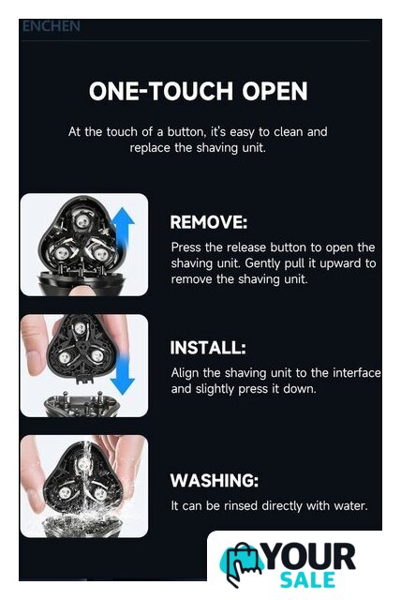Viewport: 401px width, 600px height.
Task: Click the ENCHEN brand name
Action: (x=52, y=26)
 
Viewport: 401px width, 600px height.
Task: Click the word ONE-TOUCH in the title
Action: (x=161, y=91)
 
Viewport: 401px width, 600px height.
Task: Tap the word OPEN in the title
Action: (x=275, y=91)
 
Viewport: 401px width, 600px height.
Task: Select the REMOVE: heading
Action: (x=209, y=222)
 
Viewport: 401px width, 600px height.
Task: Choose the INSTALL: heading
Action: (x=208, y=348)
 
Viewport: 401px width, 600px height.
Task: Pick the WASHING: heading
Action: (x=214, y=480)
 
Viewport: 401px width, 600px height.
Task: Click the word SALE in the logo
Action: (x=307, y=580)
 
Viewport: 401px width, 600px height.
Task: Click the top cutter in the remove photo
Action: (x=82, y=220)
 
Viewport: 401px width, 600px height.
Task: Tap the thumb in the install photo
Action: (x=36, y=344)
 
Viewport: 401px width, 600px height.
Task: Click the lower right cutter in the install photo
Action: (x=97, y=357)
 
